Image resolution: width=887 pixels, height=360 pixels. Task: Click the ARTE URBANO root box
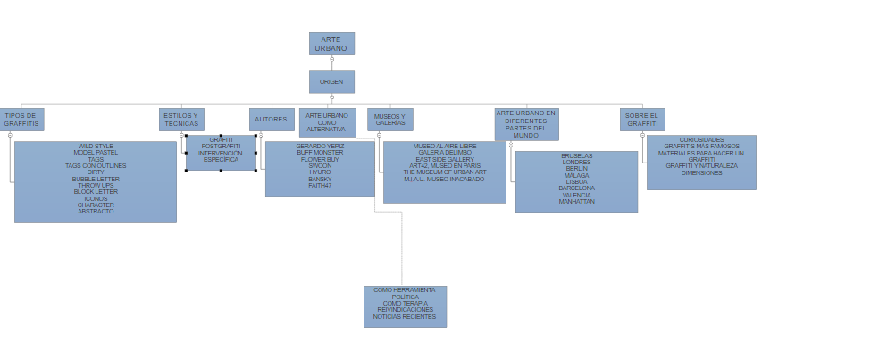point(331,44)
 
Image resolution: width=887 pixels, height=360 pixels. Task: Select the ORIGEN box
point(331,81)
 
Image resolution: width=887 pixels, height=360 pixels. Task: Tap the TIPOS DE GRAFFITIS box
point(21,120)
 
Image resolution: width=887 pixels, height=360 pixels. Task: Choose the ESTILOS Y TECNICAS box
point(181,120)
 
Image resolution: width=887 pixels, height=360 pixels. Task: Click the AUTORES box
point(272,120)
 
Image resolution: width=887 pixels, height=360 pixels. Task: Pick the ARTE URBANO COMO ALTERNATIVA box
point(327,122)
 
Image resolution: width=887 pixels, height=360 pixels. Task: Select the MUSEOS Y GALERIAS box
point(389,120)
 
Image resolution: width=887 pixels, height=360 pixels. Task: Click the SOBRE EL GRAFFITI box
point(642,120)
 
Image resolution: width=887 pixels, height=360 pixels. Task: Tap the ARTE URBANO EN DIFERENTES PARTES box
point(526,124)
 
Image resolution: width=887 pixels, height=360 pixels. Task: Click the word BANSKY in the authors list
point(320,179)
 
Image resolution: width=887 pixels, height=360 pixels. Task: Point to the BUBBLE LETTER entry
point(96,179)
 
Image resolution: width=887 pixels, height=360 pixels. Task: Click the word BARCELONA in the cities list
point(576,188)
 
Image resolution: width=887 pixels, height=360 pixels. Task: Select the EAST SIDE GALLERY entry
point(445,159)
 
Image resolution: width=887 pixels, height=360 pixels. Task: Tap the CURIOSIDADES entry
point(701,140)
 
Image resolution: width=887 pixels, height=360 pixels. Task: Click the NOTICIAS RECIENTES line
point(405,317)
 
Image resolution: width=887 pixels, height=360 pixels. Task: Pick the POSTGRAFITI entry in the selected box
point(221,147)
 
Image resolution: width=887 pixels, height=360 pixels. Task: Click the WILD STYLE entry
point(96,147)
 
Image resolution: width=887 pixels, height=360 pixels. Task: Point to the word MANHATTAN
point(576,202)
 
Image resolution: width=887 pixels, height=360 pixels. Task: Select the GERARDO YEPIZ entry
point(320,146)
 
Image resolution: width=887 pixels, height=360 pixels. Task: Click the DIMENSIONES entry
point(701,173)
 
